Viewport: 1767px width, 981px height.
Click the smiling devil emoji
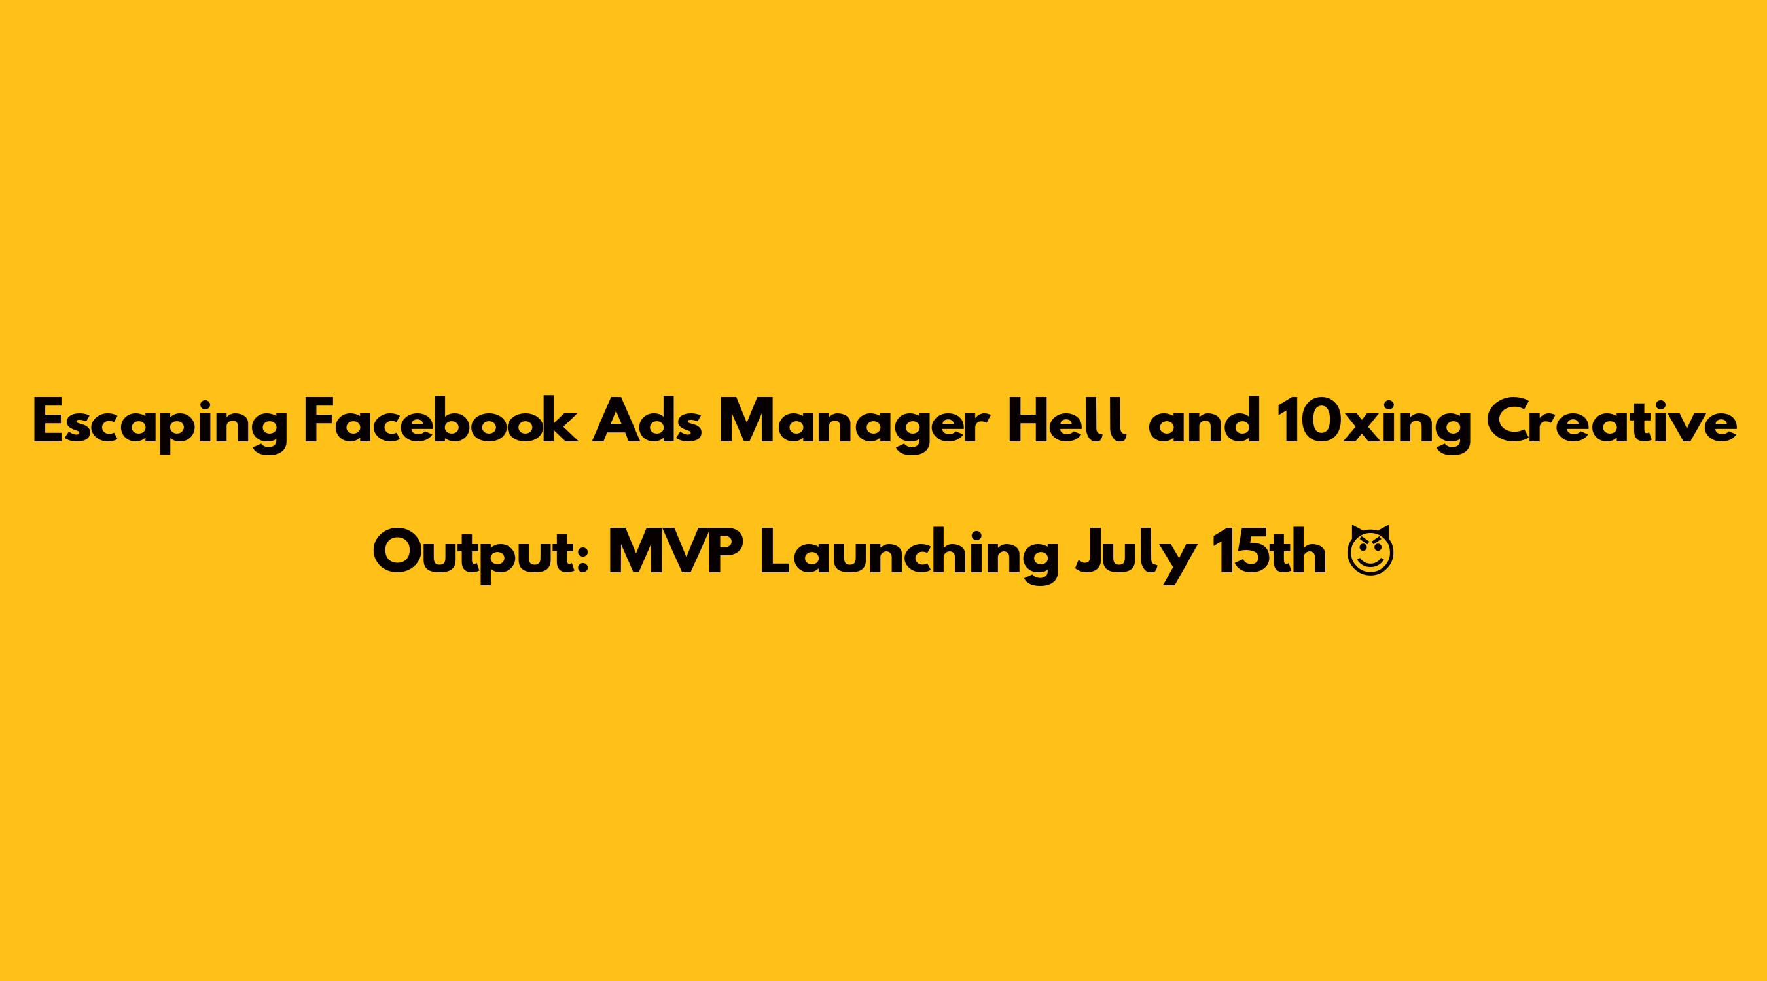1369,551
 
